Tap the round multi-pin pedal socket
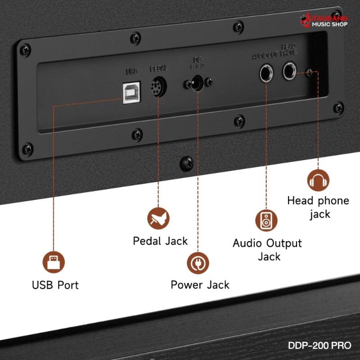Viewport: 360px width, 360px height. coord(159,85)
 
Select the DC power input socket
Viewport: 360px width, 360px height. coord(196,83)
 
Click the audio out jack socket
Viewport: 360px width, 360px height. coord(266,73)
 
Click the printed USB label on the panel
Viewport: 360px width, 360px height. coord(132,71)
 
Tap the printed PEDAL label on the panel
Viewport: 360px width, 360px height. coord(158,69)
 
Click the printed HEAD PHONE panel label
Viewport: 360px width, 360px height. coord(288,49)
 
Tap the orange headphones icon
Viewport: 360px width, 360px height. coord(318,180)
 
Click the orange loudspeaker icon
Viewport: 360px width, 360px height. coord(266,220)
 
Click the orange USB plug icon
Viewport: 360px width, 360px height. coord(54,262)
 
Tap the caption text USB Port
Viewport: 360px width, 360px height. coord(55,285)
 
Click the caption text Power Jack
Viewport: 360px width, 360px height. coord(200,285)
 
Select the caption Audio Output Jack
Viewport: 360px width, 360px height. coord(267,250)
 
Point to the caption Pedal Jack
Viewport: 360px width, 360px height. coord(160,241)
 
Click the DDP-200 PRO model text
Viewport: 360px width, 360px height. coord(319,346)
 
